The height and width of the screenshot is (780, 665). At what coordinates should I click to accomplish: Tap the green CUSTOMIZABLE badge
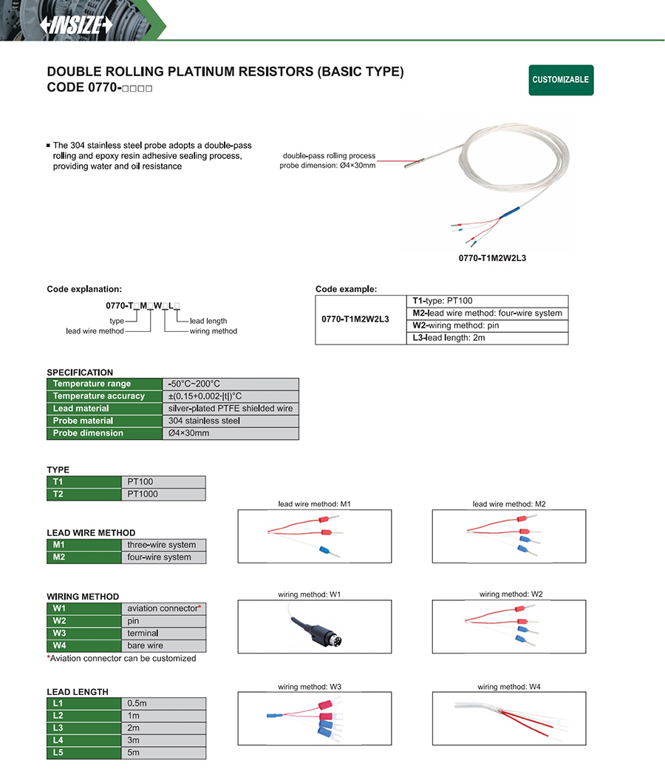coord(561,80)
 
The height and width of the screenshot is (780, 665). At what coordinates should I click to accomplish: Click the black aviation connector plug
coord(322,634)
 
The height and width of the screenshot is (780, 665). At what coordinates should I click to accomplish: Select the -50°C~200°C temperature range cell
coord(231,384)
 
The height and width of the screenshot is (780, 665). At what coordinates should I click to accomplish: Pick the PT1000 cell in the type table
coord(163,494)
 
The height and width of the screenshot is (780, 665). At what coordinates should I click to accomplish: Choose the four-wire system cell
coord(163,557)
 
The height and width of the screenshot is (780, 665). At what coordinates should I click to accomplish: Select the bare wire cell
coord(163,645)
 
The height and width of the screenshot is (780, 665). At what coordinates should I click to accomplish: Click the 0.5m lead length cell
coord(163,703)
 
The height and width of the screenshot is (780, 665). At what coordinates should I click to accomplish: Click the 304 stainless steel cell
coord(231,421)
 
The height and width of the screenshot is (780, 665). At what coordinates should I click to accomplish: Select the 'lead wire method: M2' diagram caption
coord(509,504)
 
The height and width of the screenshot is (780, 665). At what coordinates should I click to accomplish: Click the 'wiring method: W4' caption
coord(509,687)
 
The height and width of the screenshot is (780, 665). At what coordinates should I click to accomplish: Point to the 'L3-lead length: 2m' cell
coord(488,338)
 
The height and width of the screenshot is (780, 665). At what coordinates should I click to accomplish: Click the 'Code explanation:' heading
coord(84,289)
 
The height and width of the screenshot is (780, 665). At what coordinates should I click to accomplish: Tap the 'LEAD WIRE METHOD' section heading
coord(91,533)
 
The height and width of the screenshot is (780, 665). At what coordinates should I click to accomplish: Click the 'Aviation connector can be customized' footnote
coord(122,658)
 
